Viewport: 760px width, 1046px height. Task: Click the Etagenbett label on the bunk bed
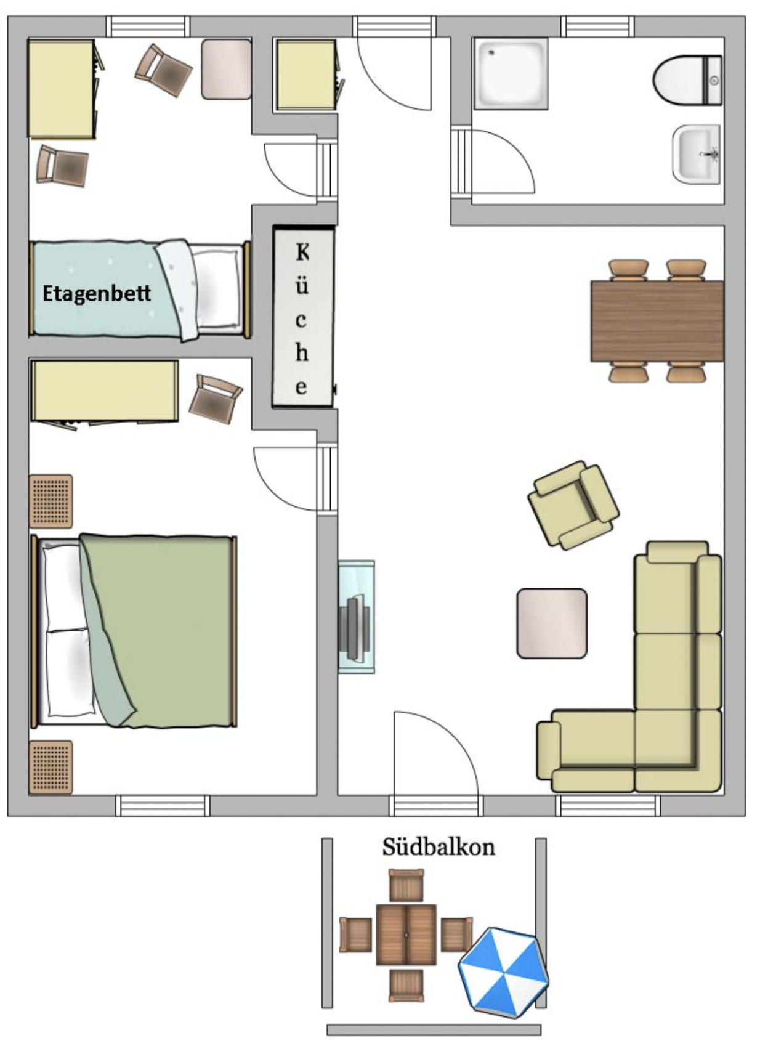[x=96, y=293]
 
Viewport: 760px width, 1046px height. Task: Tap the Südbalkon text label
[x=438, y=847]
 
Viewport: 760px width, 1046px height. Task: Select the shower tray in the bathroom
[x=510, y=73]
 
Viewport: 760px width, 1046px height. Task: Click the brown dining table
[x=657, y=321]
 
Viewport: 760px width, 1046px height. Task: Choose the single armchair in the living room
[x=573, y=506]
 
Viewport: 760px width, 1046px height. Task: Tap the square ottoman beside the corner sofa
[x=551, y=623]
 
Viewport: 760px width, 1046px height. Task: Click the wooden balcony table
[x=406, y=935]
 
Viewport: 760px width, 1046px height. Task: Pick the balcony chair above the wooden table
[x=406, y=885]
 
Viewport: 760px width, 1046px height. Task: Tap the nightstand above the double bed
[x=51, y=501]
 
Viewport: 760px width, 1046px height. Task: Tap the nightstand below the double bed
[x=51, y=767]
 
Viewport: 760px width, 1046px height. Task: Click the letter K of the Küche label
[x=302, y=252]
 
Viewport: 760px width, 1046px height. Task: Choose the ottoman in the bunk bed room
[x=226, y=69]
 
